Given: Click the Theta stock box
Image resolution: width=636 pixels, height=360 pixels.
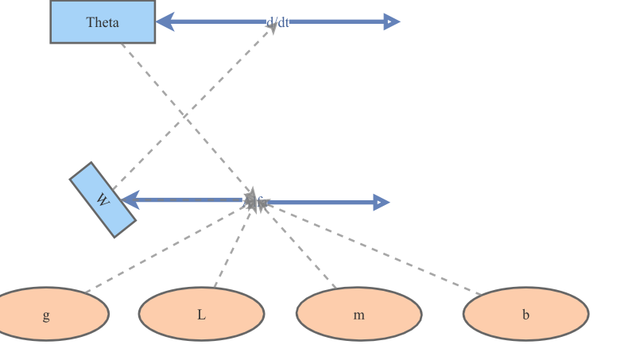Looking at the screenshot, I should click(x=103, y=21).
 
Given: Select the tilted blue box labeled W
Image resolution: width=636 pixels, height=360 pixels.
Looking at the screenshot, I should click(x=103, y=199).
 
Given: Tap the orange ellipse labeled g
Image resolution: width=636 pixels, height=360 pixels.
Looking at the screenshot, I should click(x=46, y=314).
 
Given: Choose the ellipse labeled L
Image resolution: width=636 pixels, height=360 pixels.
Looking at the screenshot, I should click(x=201, y=314).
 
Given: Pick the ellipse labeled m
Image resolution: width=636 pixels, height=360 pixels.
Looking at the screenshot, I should click(x=359, y=314).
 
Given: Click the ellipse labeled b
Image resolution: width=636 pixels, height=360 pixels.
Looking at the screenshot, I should click(x=525, y=314).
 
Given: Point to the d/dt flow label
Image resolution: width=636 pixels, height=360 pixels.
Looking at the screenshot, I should click(x=278, y=22).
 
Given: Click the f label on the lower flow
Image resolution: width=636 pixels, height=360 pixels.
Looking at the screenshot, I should click(x=258, y=202).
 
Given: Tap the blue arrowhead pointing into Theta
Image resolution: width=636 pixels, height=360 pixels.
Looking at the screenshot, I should click(x=165, y=21).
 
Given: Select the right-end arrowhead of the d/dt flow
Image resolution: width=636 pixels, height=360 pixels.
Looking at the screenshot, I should click(x=391, y=21).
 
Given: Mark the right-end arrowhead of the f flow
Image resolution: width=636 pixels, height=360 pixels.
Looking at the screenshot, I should click(x=381, y=202).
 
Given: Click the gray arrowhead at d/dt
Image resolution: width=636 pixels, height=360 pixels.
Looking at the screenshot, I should click(x=272, y=28).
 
